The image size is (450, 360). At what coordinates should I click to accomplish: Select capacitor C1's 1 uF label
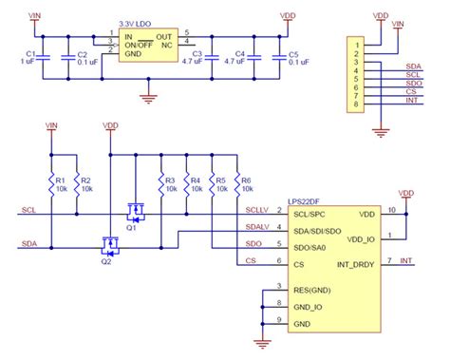29,62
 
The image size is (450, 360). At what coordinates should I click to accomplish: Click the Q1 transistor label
133,227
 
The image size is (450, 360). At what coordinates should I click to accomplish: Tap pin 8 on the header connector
356,107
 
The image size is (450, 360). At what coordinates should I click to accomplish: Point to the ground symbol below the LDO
145,96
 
